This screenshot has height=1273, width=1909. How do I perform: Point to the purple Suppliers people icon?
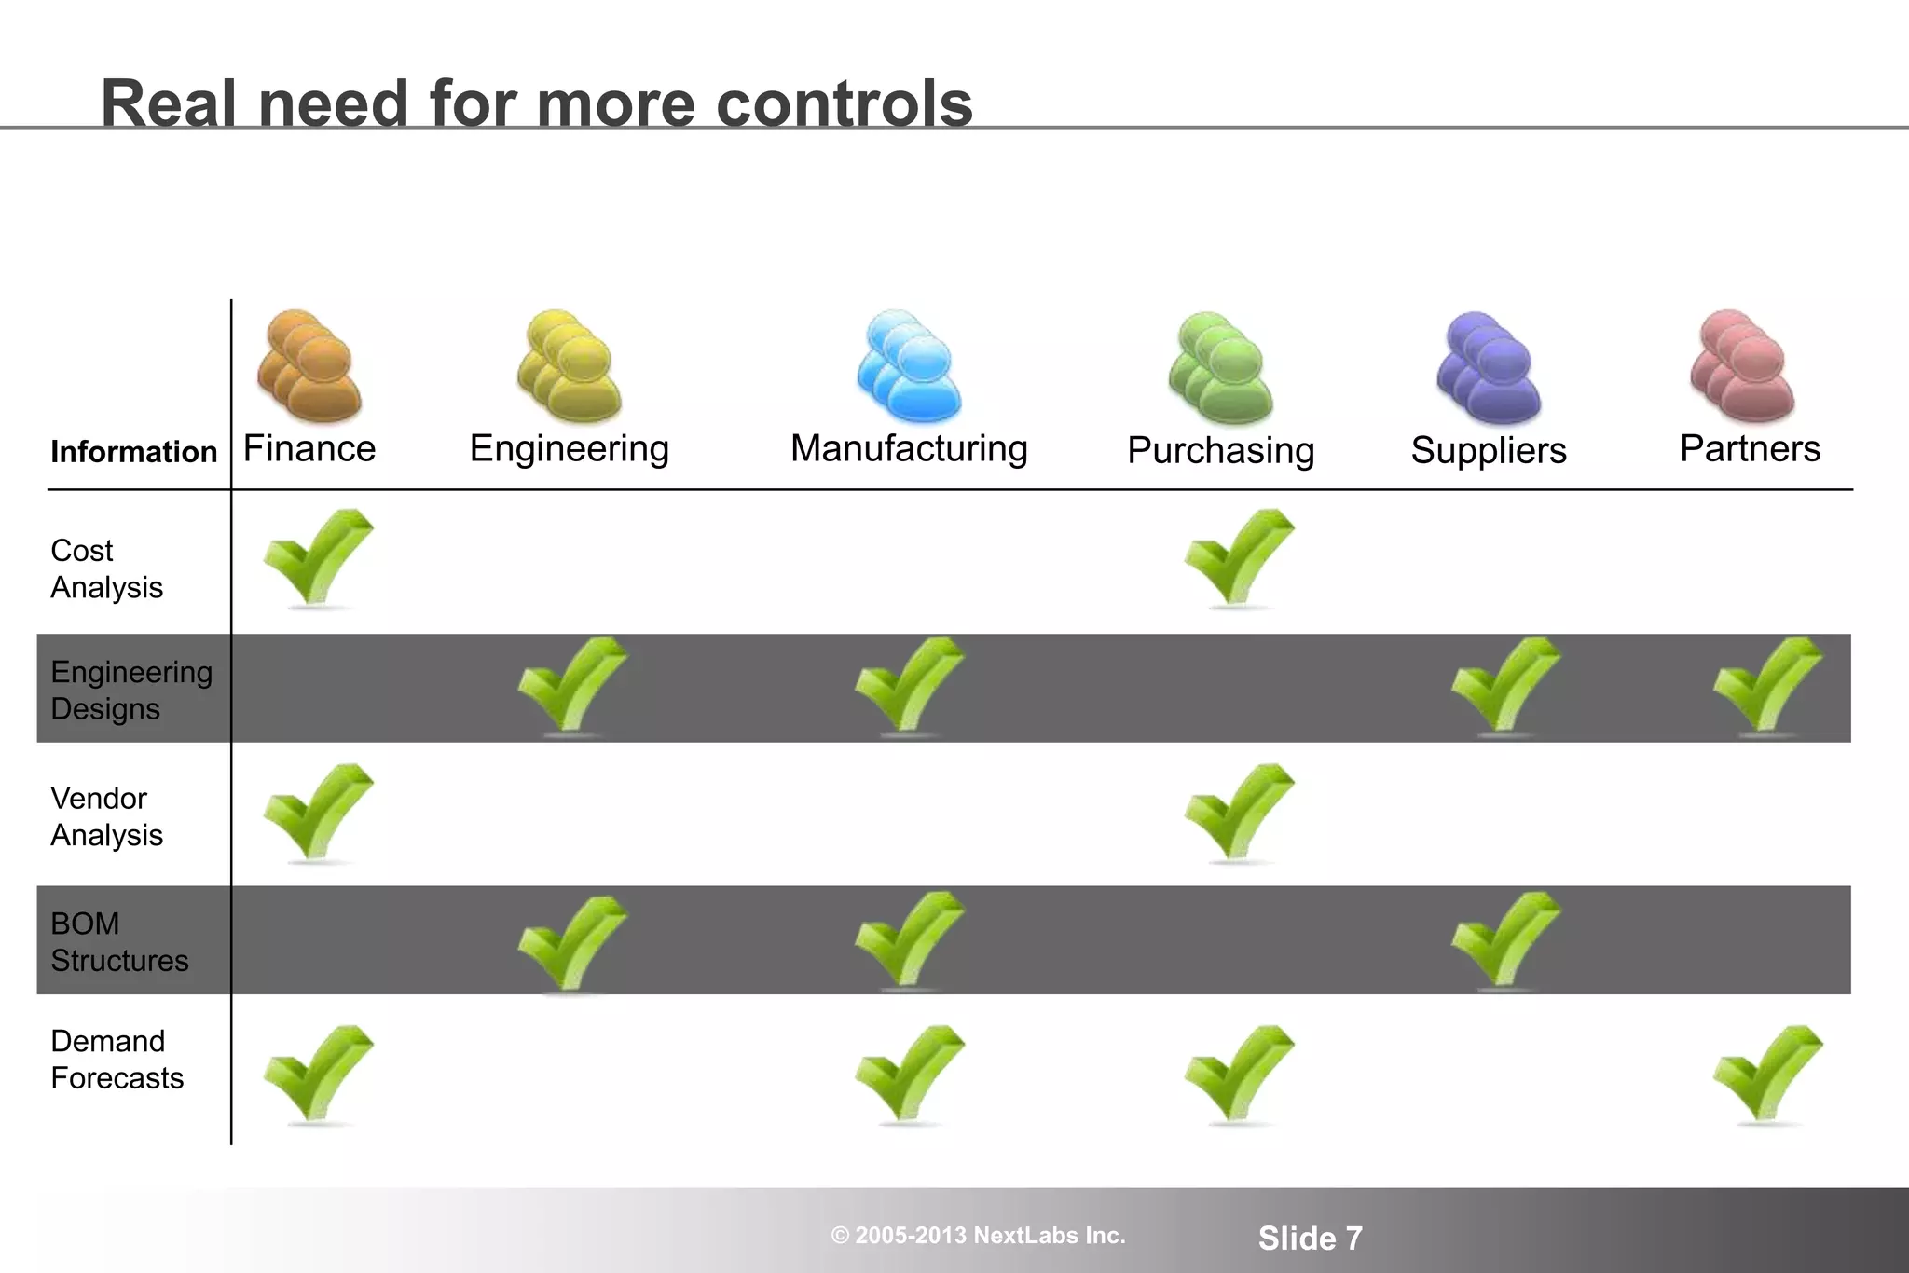pos(1489,368)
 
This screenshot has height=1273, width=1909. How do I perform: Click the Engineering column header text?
pos(570,449)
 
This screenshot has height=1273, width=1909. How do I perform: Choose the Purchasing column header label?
pos(1220,451)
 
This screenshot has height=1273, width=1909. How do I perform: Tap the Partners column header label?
pos(1750,449)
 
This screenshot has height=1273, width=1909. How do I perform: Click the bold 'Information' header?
pos(133,452)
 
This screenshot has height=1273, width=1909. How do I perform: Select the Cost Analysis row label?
pos(106,569)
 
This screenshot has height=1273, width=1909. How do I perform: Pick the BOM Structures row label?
pos(119,942)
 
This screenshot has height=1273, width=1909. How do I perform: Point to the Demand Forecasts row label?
pos(117,1060)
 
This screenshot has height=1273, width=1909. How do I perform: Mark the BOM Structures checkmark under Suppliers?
pos(1504,939)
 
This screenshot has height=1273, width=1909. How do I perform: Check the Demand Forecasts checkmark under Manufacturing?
pos(909,1074)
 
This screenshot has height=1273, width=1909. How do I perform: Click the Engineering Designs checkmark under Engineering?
pos(571,685)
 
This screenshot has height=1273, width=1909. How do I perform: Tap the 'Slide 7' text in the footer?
pos(1310,1239)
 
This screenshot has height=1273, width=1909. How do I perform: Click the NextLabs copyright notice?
pos(978,1236)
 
